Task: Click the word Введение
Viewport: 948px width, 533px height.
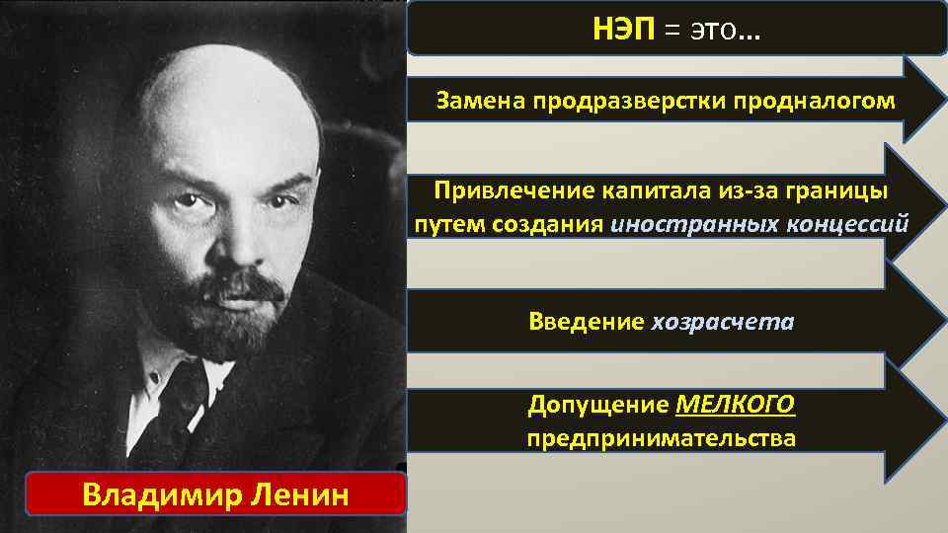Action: [586, 322]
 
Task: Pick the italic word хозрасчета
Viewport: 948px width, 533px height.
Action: [723, 322]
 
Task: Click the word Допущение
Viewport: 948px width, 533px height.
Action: [598, 405]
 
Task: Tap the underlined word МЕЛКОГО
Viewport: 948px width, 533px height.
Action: [737, 405]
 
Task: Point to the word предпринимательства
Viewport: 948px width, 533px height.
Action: [661, 437]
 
